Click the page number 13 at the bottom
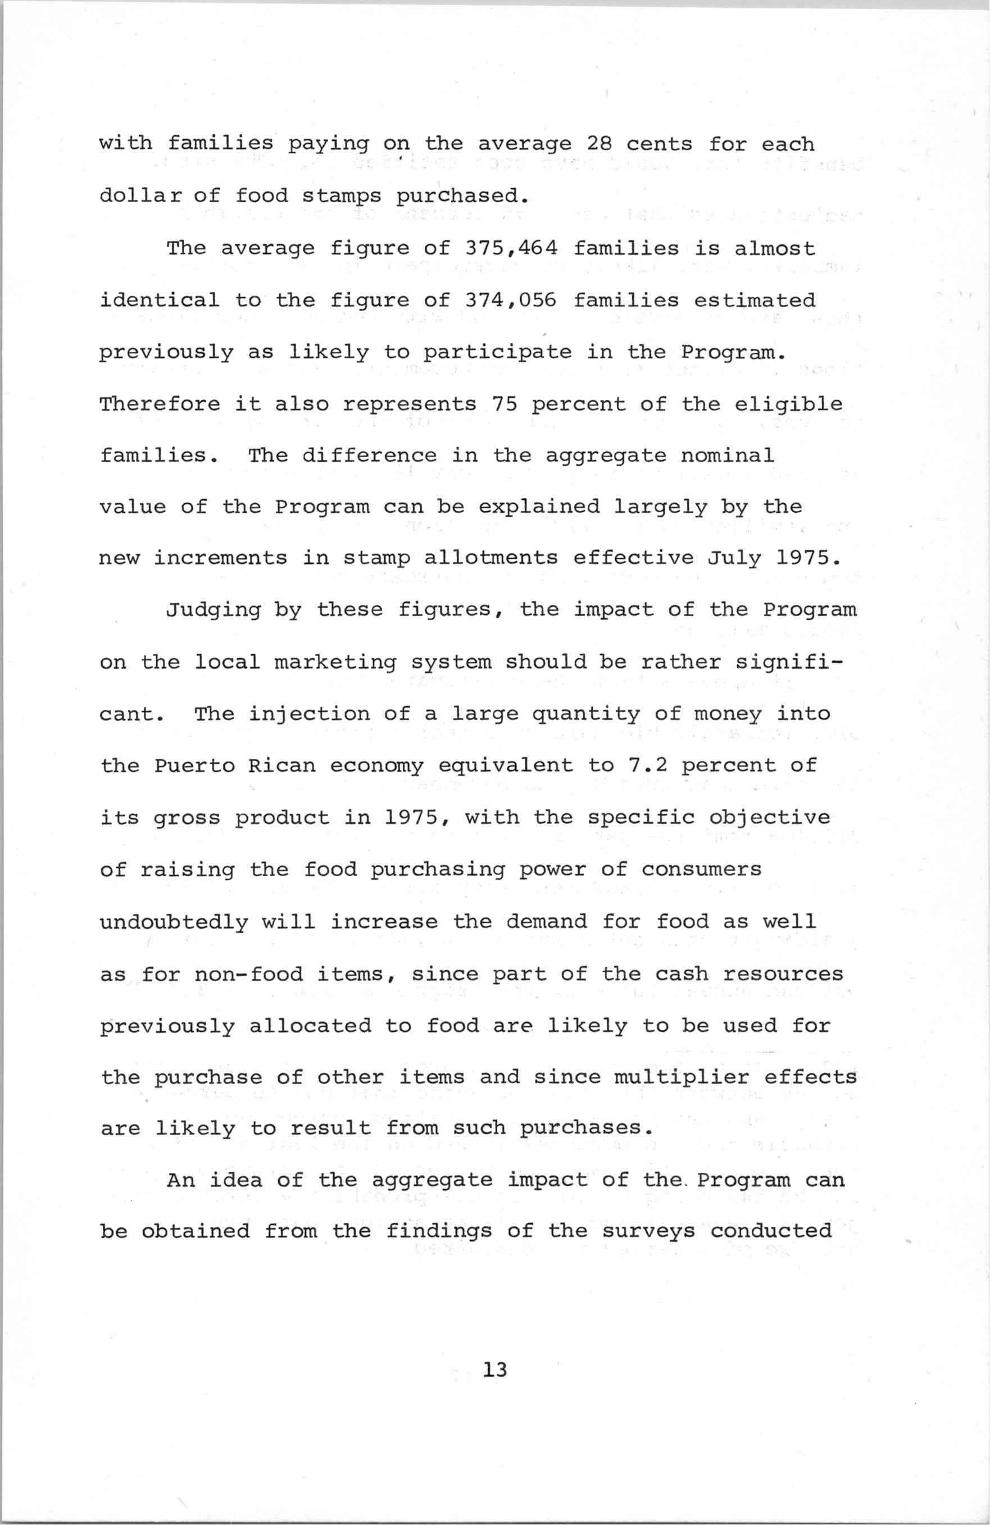pos(496,1371)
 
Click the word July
pos(734,558)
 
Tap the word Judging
pos(213,610)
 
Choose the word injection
pos(308,714)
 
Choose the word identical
pos(160,301)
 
